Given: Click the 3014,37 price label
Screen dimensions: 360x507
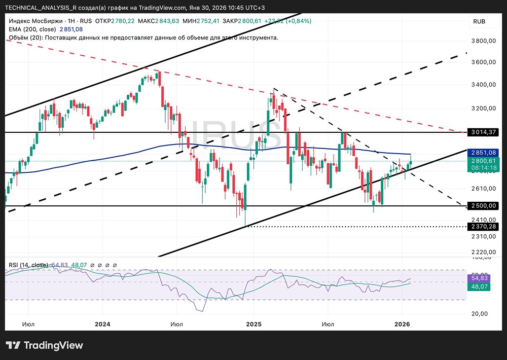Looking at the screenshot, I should [482, 132].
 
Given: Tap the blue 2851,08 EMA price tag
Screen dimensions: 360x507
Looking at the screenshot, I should [482, 152].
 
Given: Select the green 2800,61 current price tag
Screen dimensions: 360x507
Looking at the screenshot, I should [482, 160].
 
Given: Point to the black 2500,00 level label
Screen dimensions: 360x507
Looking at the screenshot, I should [482, 206].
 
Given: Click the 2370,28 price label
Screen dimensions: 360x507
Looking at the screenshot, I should [482, 226].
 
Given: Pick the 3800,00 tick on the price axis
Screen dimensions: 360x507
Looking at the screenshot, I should [482, 41].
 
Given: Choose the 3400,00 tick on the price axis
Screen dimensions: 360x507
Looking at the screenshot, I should [482, 85].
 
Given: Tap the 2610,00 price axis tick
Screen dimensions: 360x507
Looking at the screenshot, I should [482, 188].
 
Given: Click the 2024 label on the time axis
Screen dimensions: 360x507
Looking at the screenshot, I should [102, 323].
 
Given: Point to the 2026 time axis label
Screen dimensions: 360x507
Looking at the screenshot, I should [402, 323].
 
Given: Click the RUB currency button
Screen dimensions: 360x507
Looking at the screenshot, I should [479, 21].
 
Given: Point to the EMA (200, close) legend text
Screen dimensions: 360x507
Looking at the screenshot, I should [33, 29].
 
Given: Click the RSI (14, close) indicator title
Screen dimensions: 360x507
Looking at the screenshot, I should [28, 265].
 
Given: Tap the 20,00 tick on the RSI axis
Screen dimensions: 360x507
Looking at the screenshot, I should [479, 313].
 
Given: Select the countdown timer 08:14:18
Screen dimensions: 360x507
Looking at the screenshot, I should [482, 167].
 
